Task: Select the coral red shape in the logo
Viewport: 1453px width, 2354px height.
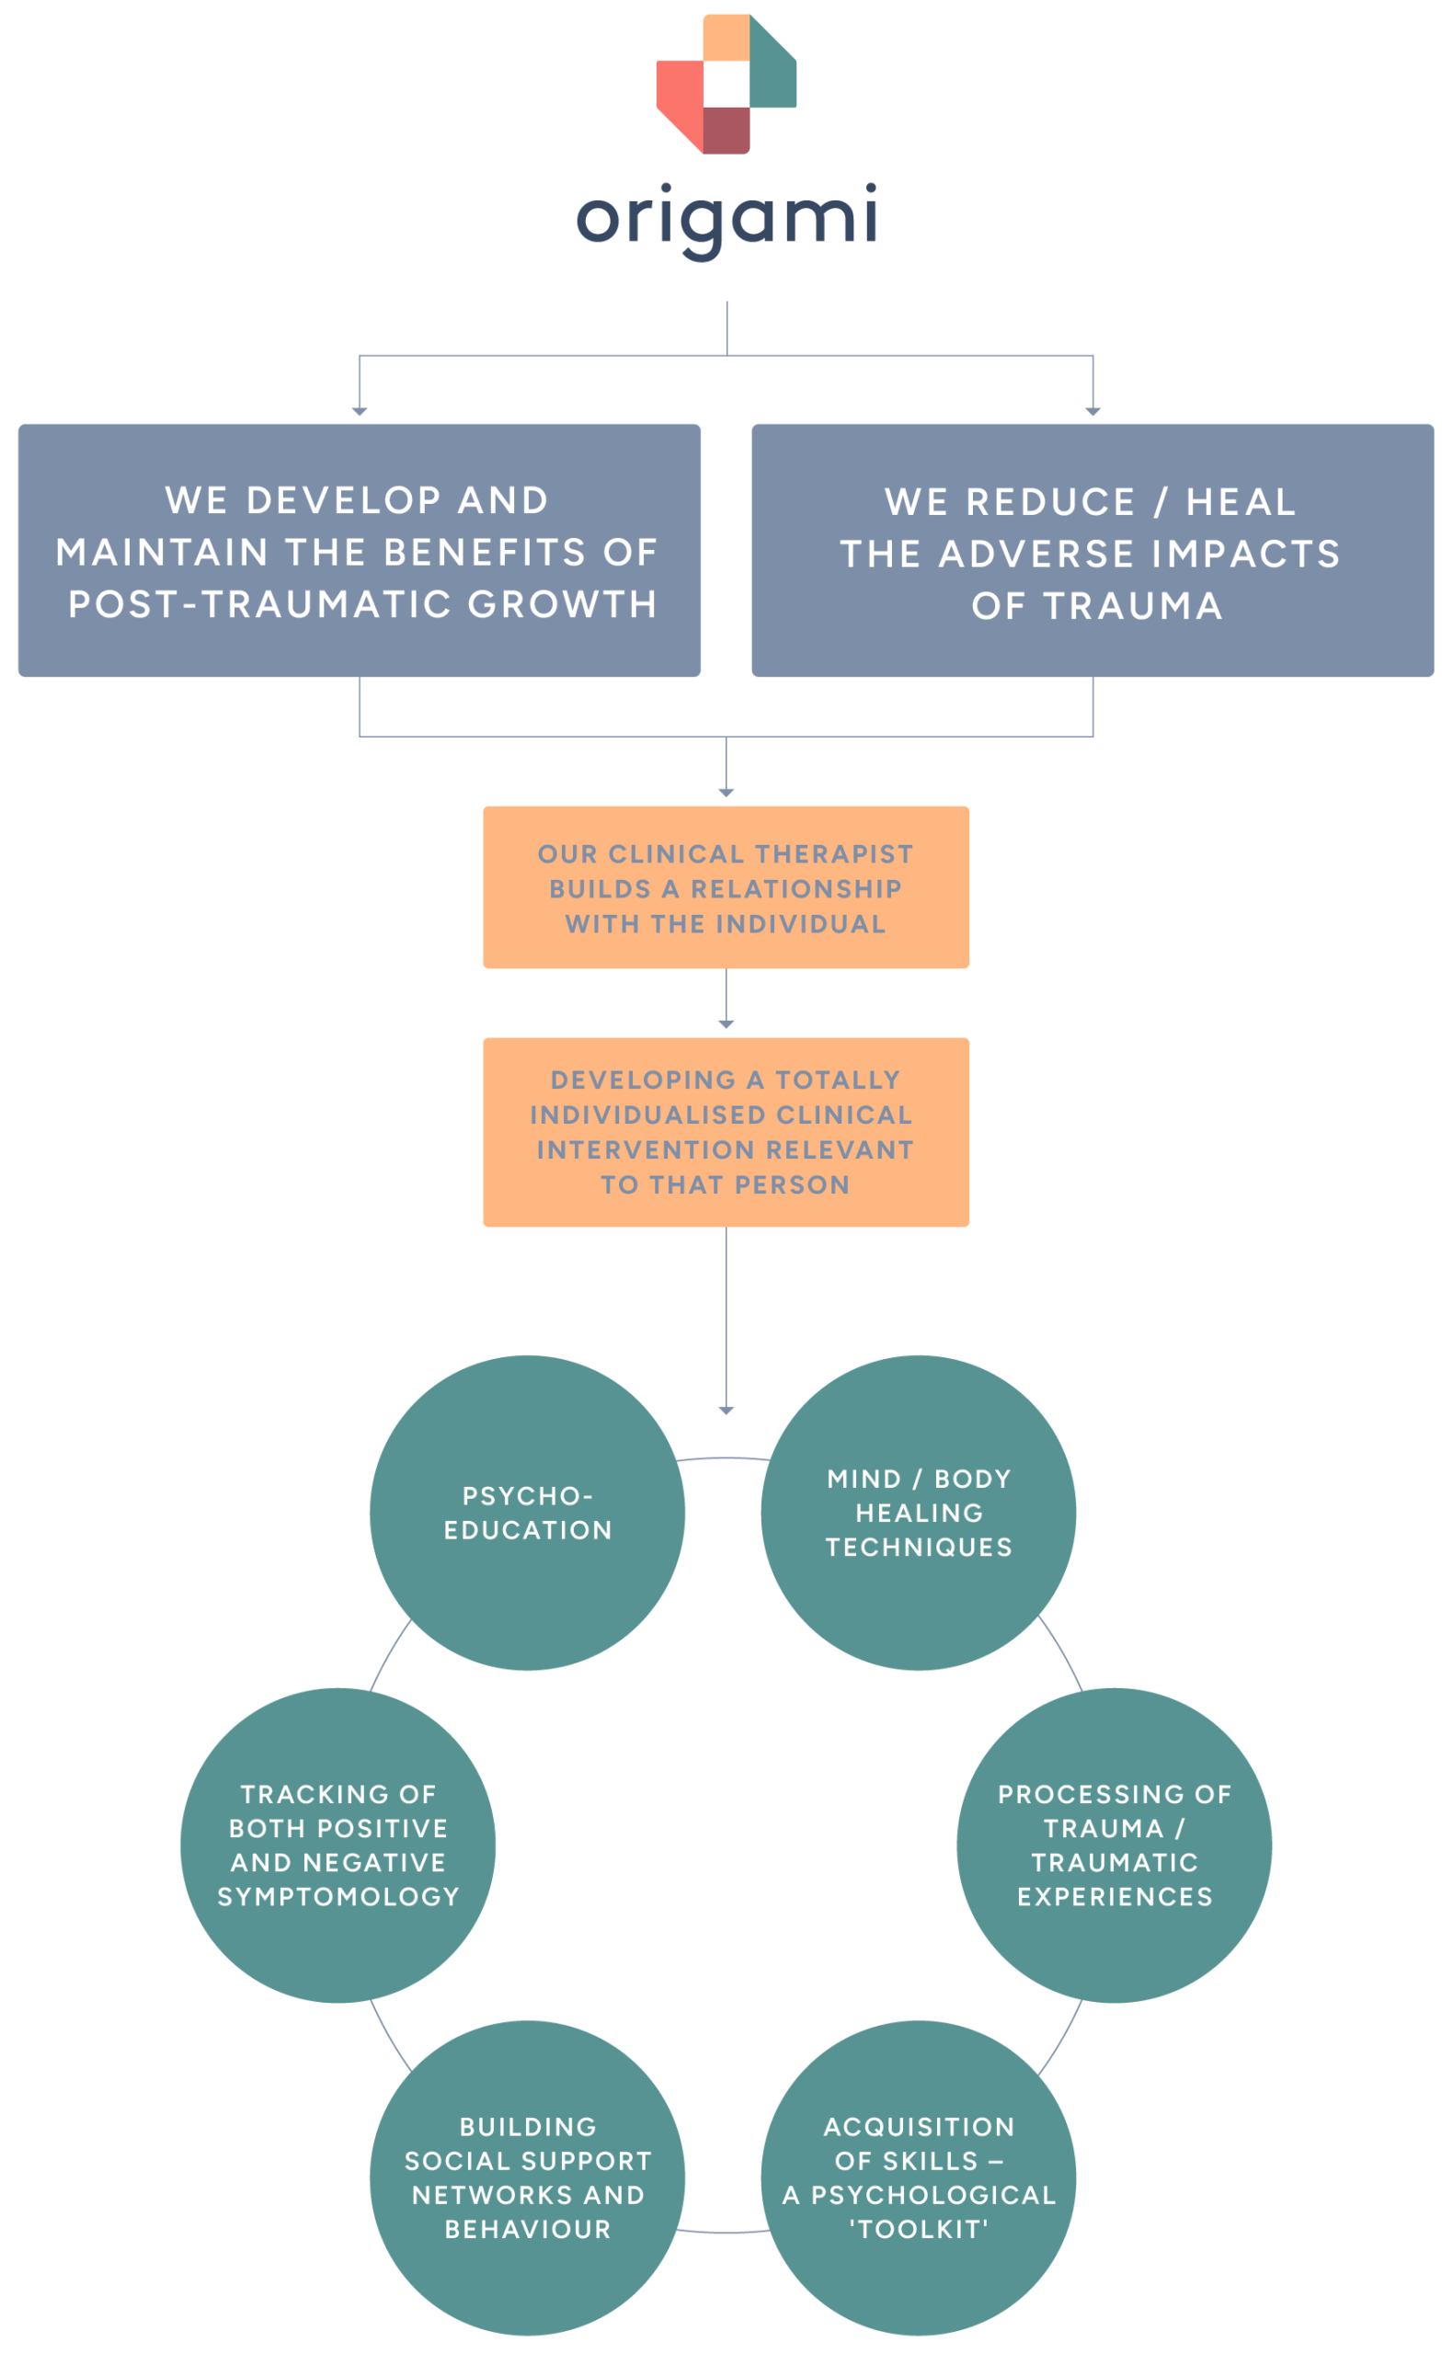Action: [x=681, y=96]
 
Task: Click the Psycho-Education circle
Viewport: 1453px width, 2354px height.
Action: [x=528, y=1514]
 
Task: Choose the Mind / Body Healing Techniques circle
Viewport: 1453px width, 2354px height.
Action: [x=919, y=1514]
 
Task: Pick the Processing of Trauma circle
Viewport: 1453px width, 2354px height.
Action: [x=1114, y=1845]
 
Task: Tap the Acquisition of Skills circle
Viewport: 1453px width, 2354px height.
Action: [x=919, y=2177]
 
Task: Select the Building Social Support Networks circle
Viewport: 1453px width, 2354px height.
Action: [x=528, y=2177]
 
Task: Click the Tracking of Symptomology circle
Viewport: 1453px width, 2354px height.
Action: [x=338, y=1845]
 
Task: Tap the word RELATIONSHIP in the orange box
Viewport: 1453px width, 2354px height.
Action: [x=795, y=889]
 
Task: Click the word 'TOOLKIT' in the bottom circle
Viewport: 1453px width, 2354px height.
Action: [x=919, y=2229]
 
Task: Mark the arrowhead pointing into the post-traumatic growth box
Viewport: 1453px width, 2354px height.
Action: [x=360, y=411]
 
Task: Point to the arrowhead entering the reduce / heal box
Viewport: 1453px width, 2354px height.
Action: [x=1093, y=411]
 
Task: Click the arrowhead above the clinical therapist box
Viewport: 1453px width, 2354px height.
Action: [x=726, y=793]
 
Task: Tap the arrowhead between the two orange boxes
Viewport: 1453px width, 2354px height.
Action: [x=726, y=1025]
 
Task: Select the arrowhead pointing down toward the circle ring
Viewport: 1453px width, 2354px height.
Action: [x=726, y=1411]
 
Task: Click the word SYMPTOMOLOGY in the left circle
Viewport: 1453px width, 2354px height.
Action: [x=338, y=1897]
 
